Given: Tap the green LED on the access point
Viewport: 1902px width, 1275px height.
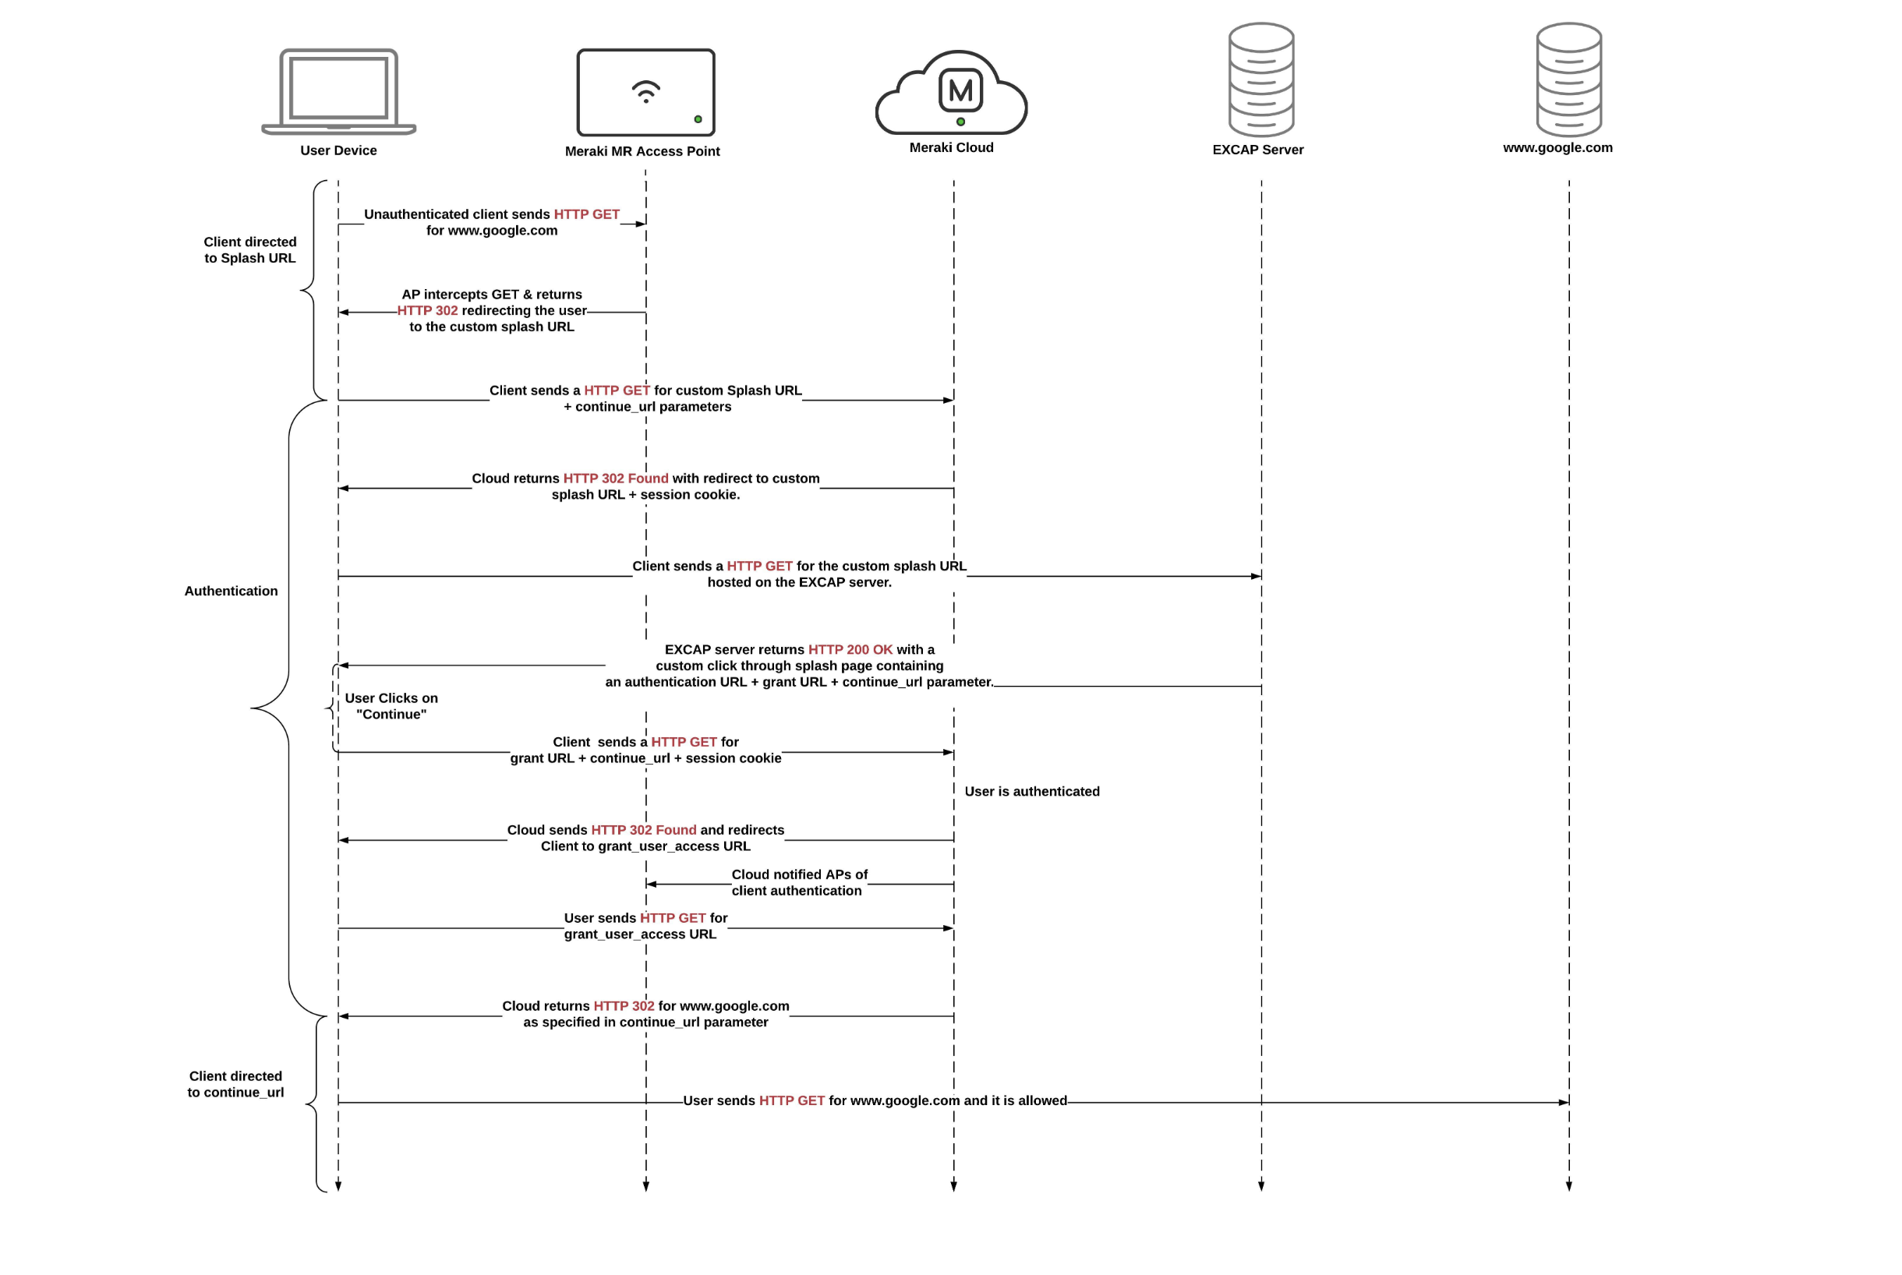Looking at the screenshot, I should tap(698, 119).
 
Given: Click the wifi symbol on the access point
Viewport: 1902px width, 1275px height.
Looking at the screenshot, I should tap(645, 91).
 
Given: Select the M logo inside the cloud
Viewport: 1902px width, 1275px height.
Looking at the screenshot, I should tap(960, 90).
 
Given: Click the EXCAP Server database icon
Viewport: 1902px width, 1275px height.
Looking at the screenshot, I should tap(1261, 79).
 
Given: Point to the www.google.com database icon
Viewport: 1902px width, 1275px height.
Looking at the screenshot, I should tap(1568, 79).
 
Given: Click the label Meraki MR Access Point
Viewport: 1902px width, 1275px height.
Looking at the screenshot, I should tap(642, 151).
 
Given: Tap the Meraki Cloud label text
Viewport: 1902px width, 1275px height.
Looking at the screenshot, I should tap(952, 147).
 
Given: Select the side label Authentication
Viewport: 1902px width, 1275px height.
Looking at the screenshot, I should tap(231, 592).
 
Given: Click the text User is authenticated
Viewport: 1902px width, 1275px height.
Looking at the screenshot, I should tap(1032, 791).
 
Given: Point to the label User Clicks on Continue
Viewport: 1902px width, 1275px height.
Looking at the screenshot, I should tap(391, 706).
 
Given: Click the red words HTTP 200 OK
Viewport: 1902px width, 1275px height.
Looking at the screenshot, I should tap(850, 650).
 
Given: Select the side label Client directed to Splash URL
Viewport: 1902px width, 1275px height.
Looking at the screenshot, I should tap(249, 249).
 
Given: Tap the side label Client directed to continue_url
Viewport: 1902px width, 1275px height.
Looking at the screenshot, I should tap(236, 1084).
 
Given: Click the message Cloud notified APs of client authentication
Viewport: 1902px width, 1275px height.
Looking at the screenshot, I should tap(798, 882).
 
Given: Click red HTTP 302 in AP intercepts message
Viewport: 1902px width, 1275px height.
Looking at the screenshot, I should tap(428, 311).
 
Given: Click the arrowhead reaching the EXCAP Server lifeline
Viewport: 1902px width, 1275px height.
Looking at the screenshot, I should tap(1256, 577).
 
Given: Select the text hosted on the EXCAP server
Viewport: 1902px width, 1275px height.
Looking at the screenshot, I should tap(799, 582).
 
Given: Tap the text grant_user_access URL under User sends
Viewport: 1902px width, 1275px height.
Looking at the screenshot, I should tap(640, 934).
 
